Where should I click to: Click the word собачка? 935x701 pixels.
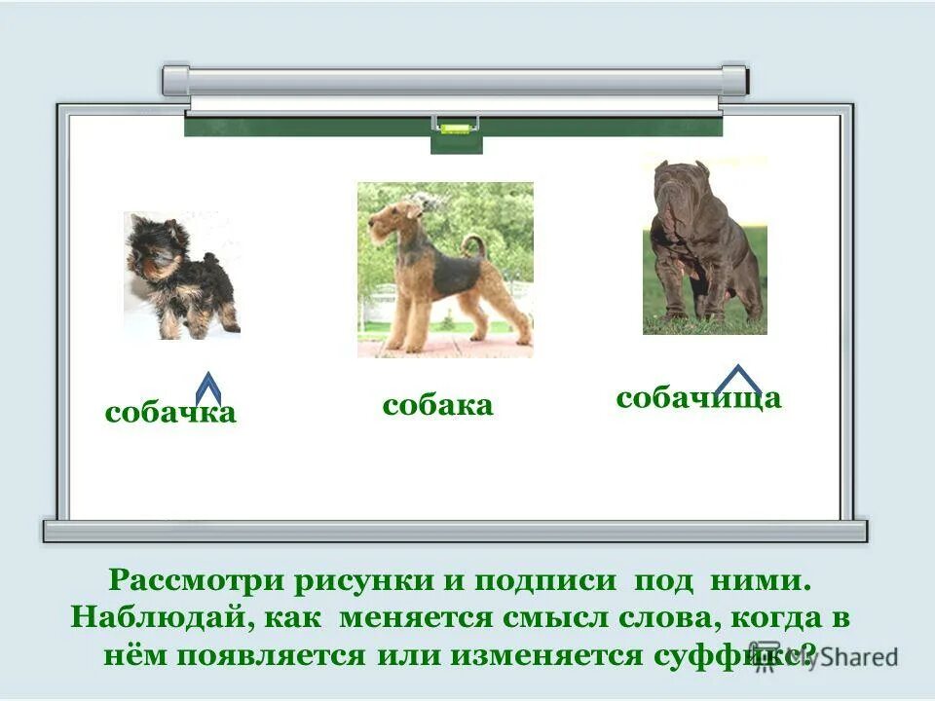(170, 413)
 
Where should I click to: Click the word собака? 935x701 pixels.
(437, 405)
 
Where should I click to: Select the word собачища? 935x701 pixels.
(698, 397)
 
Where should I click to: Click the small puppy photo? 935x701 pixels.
(182, 276)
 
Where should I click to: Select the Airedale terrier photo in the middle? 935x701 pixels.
(445, 270)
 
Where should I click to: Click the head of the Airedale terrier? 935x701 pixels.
(394, 219)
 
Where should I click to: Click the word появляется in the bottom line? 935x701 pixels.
(268, 654)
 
